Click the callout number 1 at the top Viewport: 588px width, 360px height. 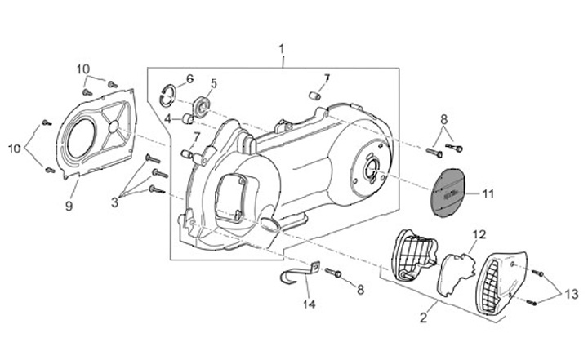pyautogui.click(x=283, y=50)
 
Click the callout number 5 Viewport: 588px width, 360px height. pyautogui.click(x=213, y=83)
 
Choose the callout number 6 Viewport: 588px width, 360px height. pyautogui.click(x=189, y=79)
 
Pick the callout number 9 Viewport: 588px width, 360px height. pyautogui.click(x=69, y=206)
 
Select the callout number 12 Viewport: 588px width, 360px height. pyautogui.click(x=479, y=235)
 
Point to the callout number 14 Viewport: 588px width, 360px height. pyautogui.click(x=308, y=304)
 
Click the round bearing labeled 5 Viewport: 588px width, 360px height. pyautogui.click(x=201, y=106)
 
